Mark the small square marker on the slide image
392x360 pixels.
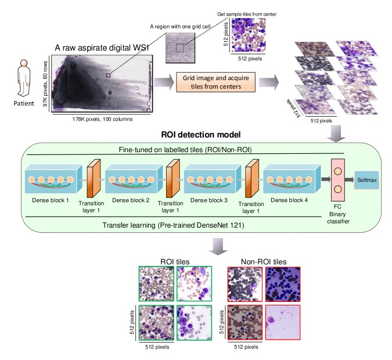click(x=108, y=75)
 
